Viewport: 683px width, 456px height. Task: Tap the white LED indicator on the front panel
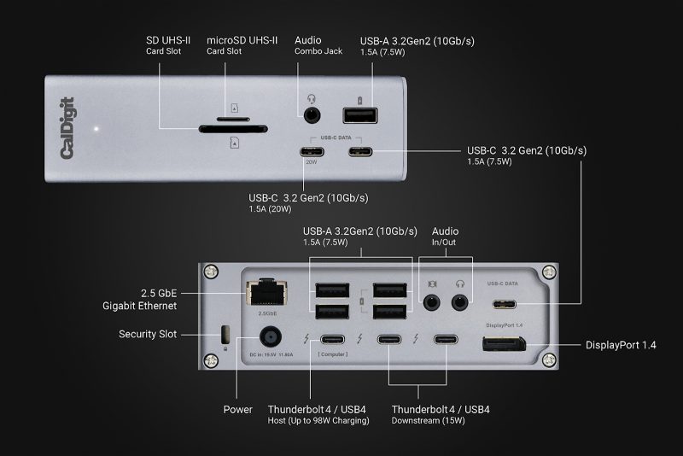(99, 130)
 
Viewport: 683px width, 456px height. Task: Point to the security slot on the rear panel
(225, 333)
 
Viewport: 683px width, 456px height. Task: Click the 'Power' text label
(237, 409)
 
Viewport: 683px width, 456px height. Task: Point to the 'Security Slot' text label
(148, 334)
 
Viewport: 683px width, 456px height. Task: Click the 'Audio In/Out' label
(445, 237)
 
